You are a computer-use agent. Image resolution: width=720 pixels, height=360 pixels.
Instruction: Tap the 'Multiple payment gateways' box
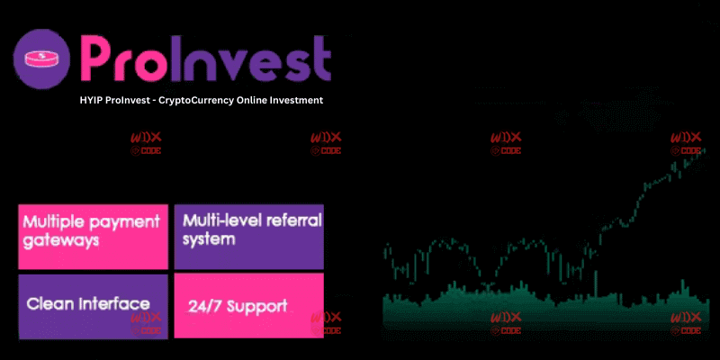93,237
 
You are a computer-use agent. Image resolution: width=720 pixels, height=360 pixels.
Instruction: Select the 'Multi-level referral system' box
248,237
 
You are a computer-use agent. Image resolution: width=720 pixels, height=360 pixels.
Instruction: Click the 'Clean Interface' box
93,306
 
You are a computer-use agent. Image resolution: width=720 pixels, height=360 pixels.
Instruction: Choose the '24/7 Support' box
248,306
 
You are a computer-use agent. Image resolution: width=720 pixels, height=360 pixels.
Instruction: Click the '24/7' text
202,307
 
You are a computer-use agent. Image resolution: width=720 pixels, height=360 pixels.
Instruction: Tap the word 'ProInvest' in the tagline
132,100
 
